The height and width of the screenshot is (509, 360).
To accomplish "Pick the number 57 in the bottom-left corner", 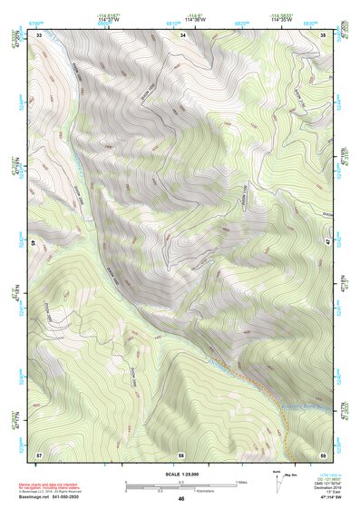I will (39, 453).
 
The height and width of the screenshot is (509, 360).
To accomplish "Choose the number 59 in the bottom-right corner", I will (324, 453).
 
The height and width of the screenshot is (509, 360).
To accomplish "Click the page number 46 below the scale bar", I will (181, 498).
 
